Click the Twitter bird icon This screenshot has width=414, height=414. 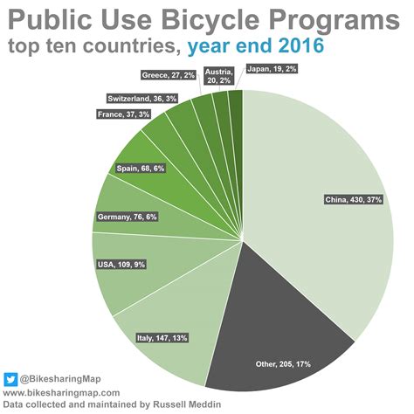point(10,379)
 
